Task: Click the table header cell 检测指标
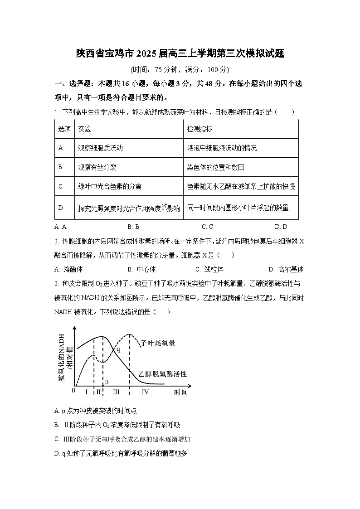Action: tap(199, 129)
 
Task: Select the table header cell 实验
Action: tap(84, 129)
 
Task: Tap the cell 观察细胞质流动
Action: tap(100, 148)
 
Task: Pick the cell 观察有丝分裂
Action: tap(97, 167)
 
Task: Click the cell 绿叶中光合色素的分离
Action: tap(110, 186)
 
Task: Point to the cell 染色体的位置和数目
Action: tap(215, 167)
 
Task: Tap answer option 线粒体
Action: tap(214, 269)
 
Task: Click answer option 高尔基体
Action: tap(291, 269)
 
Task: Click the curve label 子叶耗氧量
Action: tap(158, 343)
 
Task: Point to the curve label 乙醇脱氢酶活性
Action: tap(163, 374)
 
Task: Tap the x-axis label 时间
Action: tap(180, 392)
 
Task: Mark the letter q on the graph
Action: tap(118, 349)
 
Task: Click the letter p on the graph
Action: tap(107, 382)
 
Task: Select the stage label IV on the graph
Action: tap(146, 392)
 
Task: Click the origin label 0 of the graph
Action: tap(73, 390)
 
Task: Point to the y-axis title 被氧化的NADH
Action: tap(61, 355)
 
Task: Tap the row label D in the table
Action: tap(60, 208)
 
